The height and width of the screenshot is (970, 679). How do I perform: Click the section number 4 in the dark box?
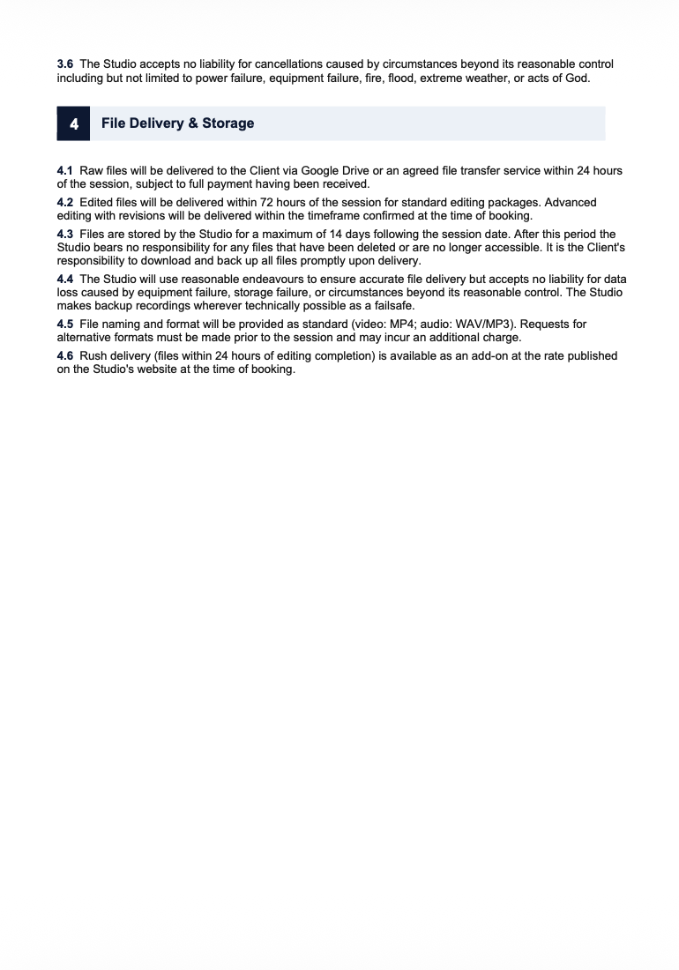74,123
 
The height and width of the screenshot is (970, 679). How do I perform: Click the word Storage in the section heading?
228,123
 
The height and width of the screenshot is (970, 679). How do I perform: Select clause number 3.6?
64,64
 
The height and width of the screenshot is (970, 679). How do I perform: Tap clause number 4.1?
64,170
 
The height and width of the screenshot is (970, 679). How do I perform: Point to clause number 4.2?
64,203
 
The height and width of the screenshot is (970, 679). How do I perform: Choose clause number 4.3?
64,235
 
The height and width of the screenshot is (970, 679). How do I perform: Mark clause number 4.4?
64,280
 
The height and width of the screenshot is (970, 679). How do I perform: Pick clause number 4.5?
64,325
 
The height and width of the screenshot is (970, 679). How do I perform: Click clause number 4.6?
64,356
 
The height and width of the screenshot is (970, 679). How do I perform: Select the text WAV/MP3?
481,325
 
